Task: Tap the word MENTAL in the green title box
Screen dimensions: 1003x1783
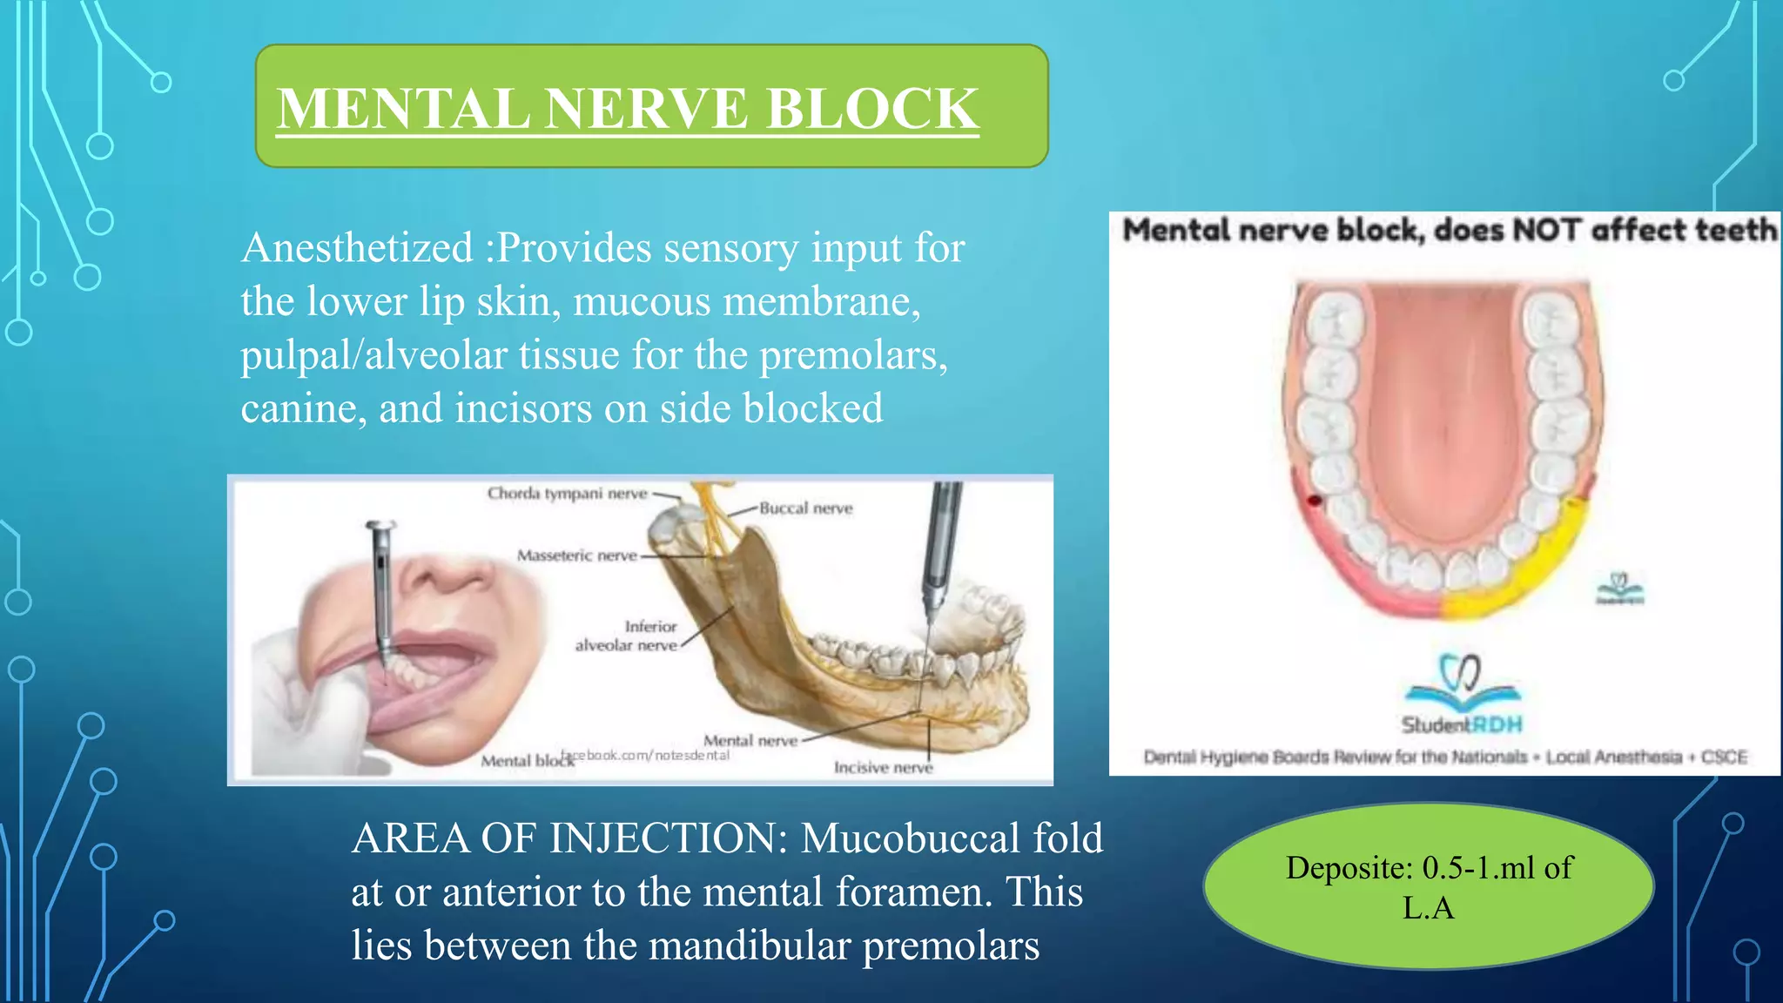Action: pos(403,110)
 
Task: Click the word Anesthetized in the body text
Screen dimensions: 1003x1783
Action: pos(357,248)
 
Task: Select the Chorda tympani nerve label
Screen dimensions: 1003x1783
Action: pos(567,494)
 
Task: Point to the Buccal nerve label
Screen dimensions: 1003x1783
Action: pos(805,508)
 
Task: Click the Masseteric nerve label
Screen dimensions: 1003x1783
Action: pos(576,555)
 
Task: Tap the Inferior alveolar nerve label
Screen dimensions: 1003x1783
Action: pos(627,636)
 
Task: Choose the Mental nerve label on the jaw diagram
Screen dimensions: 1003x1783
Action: pos(750,741)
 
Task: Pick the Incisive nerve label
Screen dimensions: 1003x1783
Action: pos(882,768)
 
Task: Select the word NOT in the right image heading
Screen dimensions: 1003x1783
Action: pos(1545,231)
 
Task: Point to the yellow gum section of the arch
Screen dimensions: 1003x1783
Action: pos(1532,566)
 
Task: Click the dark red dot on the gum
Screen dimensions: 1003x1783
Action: pos(1314,501)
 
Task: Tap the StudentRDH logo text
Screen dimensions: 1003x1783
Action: pos(1462,724)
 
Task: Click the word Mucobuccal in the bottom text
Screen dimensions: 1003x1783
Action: pos(911,839)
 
